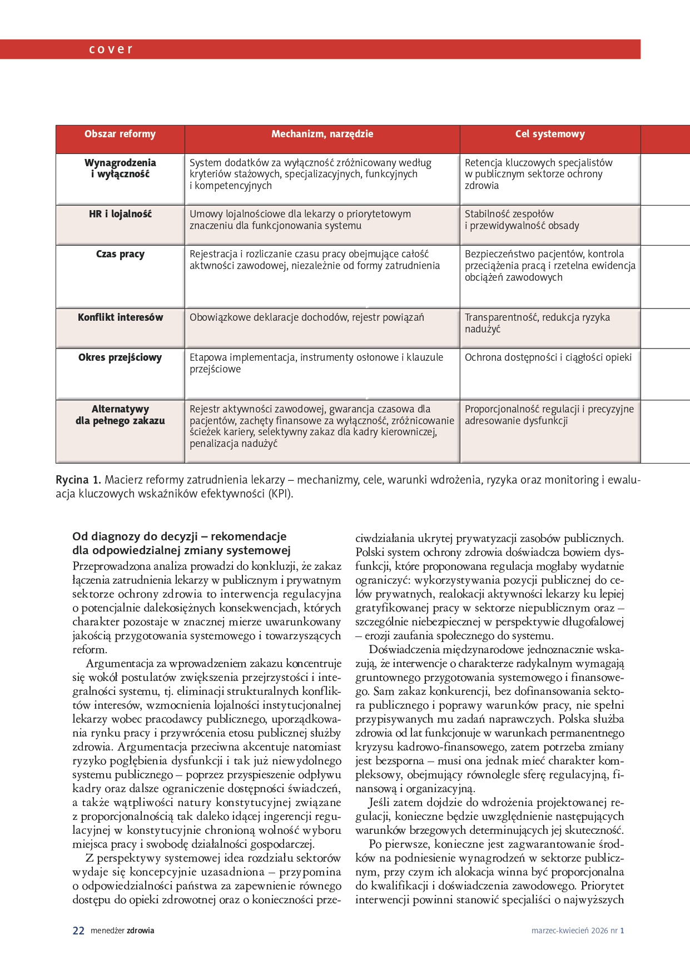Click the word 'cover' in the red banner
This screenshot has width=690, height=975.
click(x=111, y=49)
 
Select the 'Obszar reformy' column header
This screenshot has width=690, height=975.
click(x=120, y=134)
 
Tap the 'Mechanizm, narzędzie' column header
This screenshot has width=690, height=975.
click(x=322, y=134)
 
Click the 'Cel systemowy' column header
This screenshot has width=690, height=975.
click(x=549, y=134)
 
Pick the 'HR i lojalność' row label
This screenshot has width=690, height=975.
click(x=120, y=214)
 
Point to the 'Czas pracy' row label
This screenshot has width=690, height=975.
click(x=120, y=254)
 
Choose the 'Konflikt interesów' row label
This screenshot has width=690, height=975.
click(x=120, y=317)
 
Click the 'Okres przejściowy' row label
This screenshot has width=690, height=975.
click(x=120, y=357)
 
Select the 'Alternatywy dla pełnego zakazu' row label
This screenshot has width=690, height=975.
click(x=120, y=415)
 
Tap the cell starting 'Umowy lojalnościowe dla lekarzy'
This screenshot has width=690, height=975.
click(x=300, y=220)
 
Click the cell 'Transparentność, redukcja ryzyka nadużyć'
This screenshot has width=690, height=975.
click(x=537, y=323)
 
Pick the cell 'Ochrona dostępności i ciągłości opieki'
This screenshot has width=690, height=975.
click(x=548, y=357)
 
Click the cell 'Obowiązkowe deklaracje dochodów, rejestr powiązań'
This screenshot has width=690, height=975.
click(x=307, y=317)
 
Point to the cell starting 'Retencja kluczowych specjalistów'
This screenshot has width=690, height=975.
click(x=538, y=174)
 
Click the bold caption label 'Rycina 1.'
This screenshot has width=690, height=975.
click(x=78, y=480)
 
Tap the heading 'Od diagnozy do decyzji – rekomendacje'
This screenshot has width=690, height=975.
click(x=180, y=536)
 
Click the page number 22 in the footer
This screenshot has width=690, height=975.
click(x=78, y=931)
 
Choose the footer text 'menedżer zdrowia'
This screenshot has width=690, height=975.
click(x=122, y=931)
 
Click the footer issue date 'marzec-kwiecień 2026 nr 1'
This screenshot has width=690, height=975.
click(x=577, y=931)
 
